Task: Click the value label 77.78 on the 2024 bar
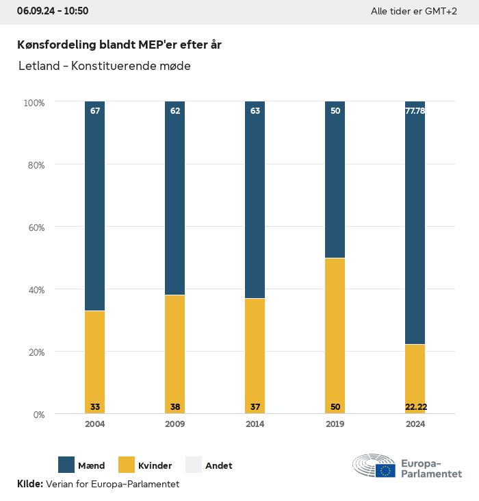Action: coord(415,110)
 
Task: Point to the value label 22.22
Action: coord(415,407)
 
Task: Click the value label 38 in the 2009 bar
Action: coord(175,407)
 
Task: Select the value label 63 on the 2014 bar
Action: coord(255,110)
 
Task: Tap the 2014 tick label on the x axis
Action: coord(255,424)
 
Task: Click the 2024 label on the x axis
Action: coord(415,424)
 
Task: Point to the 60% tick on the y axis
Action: coord(35,228)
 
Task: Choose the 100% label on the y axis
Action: coord(34,103)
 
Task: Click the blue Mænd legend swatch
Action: coord(67,465)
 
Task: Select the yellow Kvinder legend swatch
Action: coord(127,465)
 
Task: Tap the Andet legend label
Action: coord(219,465)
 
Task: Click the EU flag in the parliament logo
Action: coord(385,470)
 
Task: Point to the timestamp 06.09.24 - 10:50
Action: coord(53,11)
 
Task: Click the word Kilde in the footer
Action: coord(29,484)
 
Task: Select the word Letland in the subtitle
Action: coord(38,66)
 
